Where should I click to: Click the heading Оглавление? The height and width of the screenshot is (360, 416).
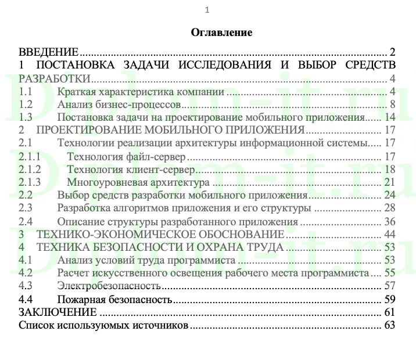tap(221, 33)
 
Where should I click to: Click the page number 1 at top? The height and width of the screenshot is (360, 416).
tap(207, 10)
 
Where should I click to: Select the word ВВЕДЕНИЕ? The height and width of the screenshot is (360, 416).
tap(49, 51)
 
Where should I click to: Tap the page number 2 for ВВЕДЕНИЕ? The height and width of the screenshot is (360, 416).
tap(393, 51)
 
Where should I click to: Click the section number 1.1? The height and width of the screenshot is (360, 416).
tap(26, 91)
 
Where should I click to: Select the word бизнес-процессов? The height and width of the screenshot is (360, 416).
tap(141, 105)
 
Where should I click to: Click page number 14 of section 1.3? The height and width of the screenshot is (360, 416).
tap(390, 117)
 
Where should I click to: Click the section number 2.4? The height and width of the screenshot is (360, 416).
tap(26, 221)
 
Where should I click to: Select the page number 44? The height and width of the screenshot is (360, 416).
tap(390, 235)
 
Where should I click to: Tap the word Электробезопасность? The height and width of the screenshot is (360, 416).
tap(109, 286)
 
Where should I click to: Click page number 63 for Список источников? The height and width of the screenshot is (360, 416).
tap(390, 326)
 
